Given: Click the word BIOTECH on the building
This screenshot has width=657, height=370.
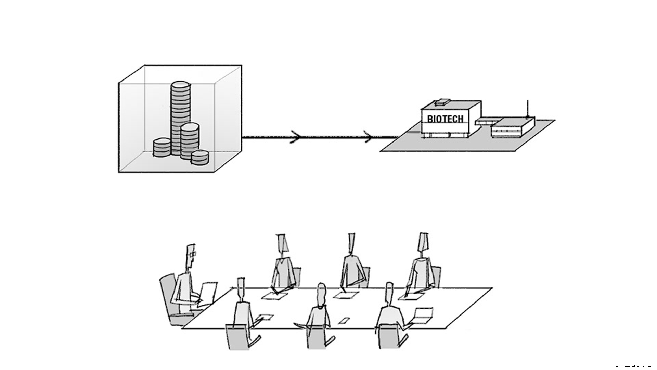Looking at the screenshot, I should click(445, 119).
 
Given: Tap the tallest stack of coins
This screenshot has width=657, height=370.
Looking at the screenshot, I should click(180, 113).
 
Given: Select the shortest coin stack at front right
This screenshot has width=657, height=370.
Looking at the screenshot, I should click(200, 158).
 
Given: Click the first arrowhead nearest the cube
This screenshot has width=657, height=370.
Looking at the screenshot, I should click(296, 137).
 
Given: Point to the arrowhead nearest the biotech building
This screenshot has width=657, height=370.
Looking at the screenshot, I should click(369, 137).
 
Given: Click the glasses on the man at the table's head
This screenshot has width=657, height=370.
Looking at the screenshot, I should click(192, 254).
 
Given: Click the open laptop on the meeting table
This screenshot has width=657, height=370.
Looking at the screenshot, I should click(423, 315).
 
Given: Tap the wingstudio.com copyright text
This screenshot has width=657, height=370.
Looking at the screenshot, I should click(634, 366).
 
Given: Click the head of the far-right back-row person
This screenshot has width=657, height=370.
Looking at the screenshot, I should click(423, 243).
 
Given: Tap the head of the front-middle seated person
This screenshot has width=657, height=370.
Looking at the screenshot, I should click(321, 294).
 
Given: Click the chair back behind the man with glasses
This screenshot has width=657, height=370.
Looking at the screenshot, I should click(168, 295).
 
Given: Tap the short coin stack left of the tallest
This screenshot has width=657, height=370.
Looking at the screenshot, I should click(162, 148).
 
